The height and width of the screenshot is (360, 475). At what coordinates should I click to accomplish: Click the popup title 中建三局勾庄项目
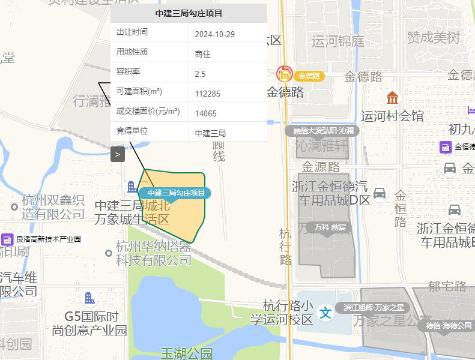point(189,13)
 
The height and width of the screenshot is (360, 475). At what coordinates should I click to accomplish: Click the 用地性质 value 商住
point(203,54)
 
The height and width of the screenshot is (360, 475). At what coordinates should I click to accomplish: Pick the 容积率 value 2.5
point(201,74)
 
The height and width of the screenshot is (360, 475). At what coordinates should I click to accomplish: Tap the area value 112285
point(208,94)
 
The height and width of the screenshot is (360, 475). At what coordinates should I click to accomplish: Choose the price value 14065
point(206,113)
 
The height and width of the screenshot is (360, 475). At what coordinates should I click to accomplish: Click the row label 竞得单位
point(132,131)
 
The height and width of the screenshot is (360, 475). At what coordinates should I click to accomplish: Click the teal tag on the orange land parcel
point(176,193)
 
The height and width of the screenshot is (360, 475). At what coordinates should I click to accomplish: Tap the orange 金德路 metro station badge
point(309,76)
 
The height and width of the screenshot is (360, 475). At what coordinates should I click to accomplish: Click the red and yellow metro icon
point(284,74)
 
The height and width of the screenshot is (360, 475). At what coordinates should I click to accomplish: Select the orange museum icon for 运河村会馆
point(392,97)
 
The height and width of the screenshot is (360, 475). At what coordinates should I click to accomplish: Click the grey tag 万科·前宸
point(330,227)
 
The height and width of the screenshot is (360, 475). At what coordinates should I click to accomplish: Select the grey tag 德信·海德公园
point(449,326)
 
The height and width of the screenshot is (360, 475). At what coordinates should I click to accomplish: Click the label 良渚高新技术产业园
point(48,239)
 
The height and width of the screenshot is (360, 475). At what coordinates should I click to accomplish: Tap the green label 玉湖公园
point(187,354)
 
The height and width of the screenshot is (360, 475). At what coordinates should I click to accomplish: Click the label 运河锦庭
point(338,41)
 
